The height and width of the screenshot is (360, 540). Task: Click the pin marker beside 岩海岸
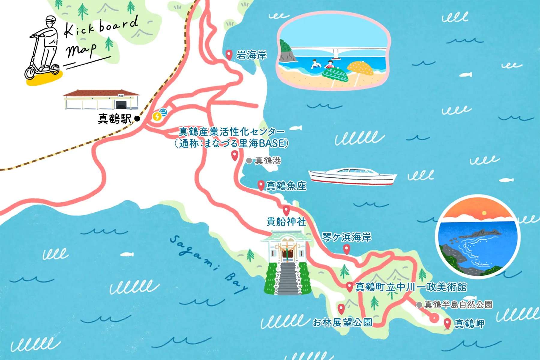[229, 55]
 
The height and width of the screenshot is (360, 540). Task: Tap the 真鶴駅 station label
[115, 119]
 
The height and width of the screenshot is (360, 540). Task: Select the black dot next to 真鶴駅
[137, 118]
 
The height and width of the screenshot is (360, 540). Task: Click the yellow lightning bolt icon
[157, 116]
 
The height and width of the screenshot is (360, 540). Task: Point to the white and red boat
[352, 176]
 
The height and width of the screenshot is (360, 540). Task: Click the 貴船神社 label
[286, 222]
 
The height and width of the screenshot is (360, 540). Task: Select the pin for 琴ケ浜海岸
[346, 249]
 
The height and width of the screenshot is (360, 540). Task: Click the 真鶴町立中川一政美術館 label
[411, 287]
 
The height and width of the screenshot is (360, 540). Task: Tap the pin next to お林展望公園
[341, 308]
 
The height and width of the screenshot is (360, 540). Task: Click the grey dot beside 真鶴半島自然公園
[419, 305]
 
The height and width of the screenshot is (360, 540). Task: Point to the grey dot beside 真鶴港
[249, 161]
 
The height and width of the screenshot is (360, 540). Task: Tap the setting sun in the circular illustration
[484, 213]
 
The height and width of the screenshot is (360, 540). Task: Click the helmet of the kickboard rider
[51, 19]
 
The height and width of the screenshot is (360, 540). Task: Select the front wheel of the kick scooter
[30, 73]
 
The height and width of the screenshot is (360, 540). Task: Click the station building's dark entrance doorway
[121, 105]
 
